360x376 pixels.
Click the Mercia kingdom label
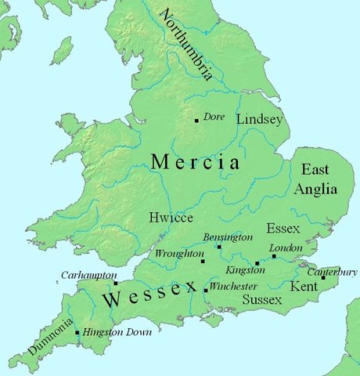point(195,162)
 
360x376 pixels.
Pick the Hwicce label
point(171,219)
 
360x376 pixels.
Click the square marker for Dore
point(196,121)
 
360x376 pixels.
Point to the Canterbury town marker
point(323,277)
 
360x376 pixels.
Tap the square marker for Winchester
point(206,291)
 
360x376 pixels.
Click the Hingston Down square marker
point(77,333)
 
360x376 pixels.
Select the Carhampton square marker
point(116,284)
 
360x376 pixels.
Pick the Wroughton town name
point(178,254)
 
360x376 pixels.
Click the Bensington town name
point(228,237)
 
